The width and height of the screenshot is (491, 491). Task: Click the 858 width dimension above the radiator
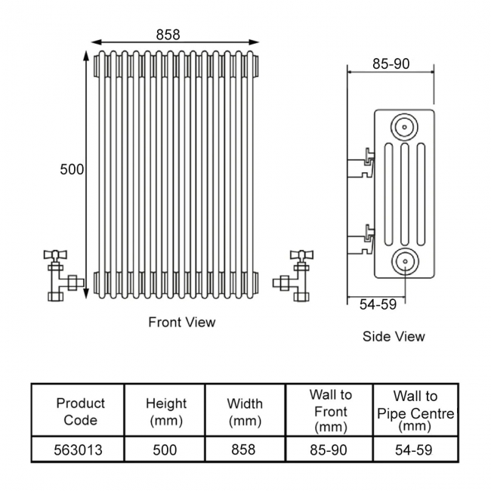[168, 34]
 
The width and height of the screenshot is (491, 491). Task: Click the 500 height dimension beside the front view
[72, 170]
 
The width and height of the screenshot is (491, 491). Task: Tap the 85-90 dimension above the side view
[391, 64]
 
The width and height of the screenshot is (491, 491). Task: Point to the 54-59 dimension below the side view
[377, 304]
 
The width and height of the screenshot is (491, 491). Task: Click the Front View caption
[181, 323]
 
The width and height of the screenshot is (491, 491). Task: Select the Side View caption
[394, 336]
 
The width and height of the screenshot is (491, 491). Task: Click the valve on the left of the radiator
[60, 273]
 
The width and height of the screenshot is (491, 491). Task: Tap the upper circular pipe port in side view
[406, 125]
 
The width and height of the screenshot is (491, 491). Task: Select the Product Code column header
[80, 412]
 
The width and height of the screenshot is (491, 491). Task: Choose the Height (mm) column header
[165, 412]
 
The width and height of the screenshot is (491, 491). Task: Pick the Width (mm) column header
[245, 412]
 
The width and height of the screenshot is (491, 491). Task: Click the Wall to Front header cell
[330, 412]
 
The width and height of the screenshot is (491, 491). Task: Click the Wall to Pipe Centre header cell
[415, 412]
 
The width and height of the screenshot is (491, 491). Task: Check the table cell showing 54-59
[415, 450]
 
